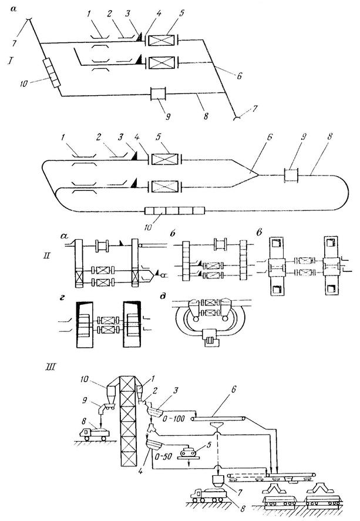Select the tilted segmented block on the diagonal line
pos(51,73)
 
